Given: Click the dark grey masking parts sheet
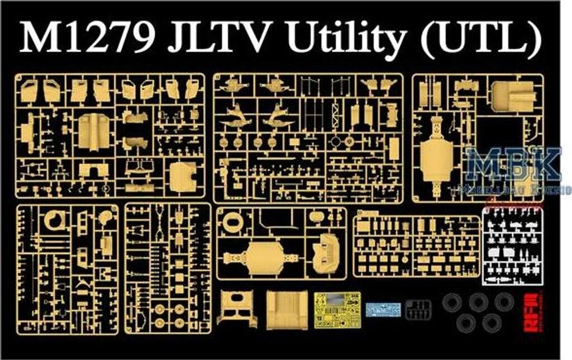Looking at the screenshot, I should (x=418, y=309).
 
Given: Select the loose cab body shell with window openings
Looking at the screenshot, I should (x=237, y=310).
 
